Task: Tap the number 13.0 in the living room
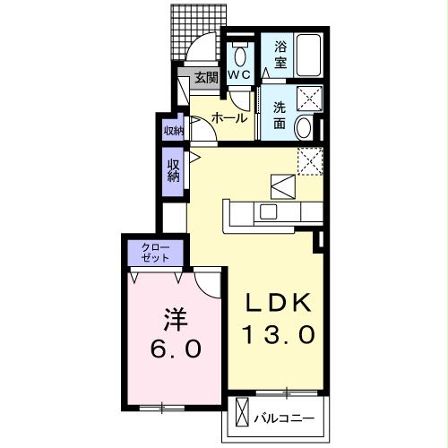coord(276,334)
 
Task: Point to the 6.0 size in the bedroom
coord(176,348)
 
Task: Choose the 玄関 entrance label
coord(206,77)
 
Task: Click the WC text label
coord(238,76)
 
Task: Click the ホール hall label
coord(229,116)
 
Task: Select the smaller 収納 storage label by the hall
coord(172,131)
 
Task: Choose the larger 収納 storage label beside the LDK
coord(172,170)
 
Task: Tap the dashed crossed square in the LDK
coord(309,159)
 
